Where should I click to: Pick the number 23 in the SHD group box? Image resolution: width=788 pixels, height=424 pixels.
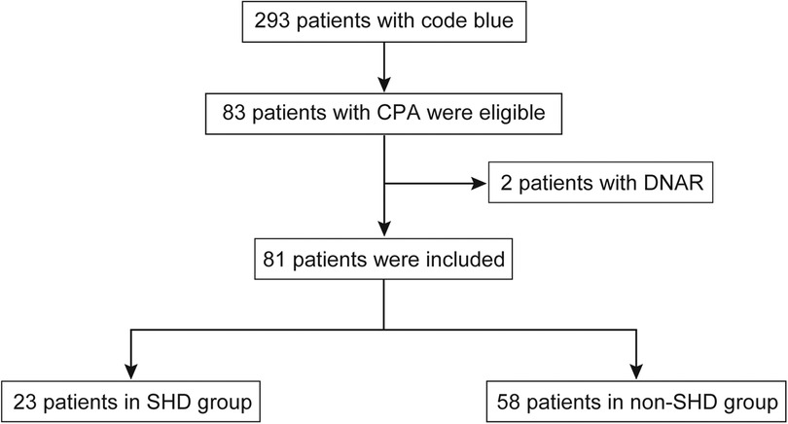coord(25,400)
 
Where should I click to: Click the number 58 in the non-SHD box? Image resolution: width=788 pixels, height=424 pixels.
coord(508,400)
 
